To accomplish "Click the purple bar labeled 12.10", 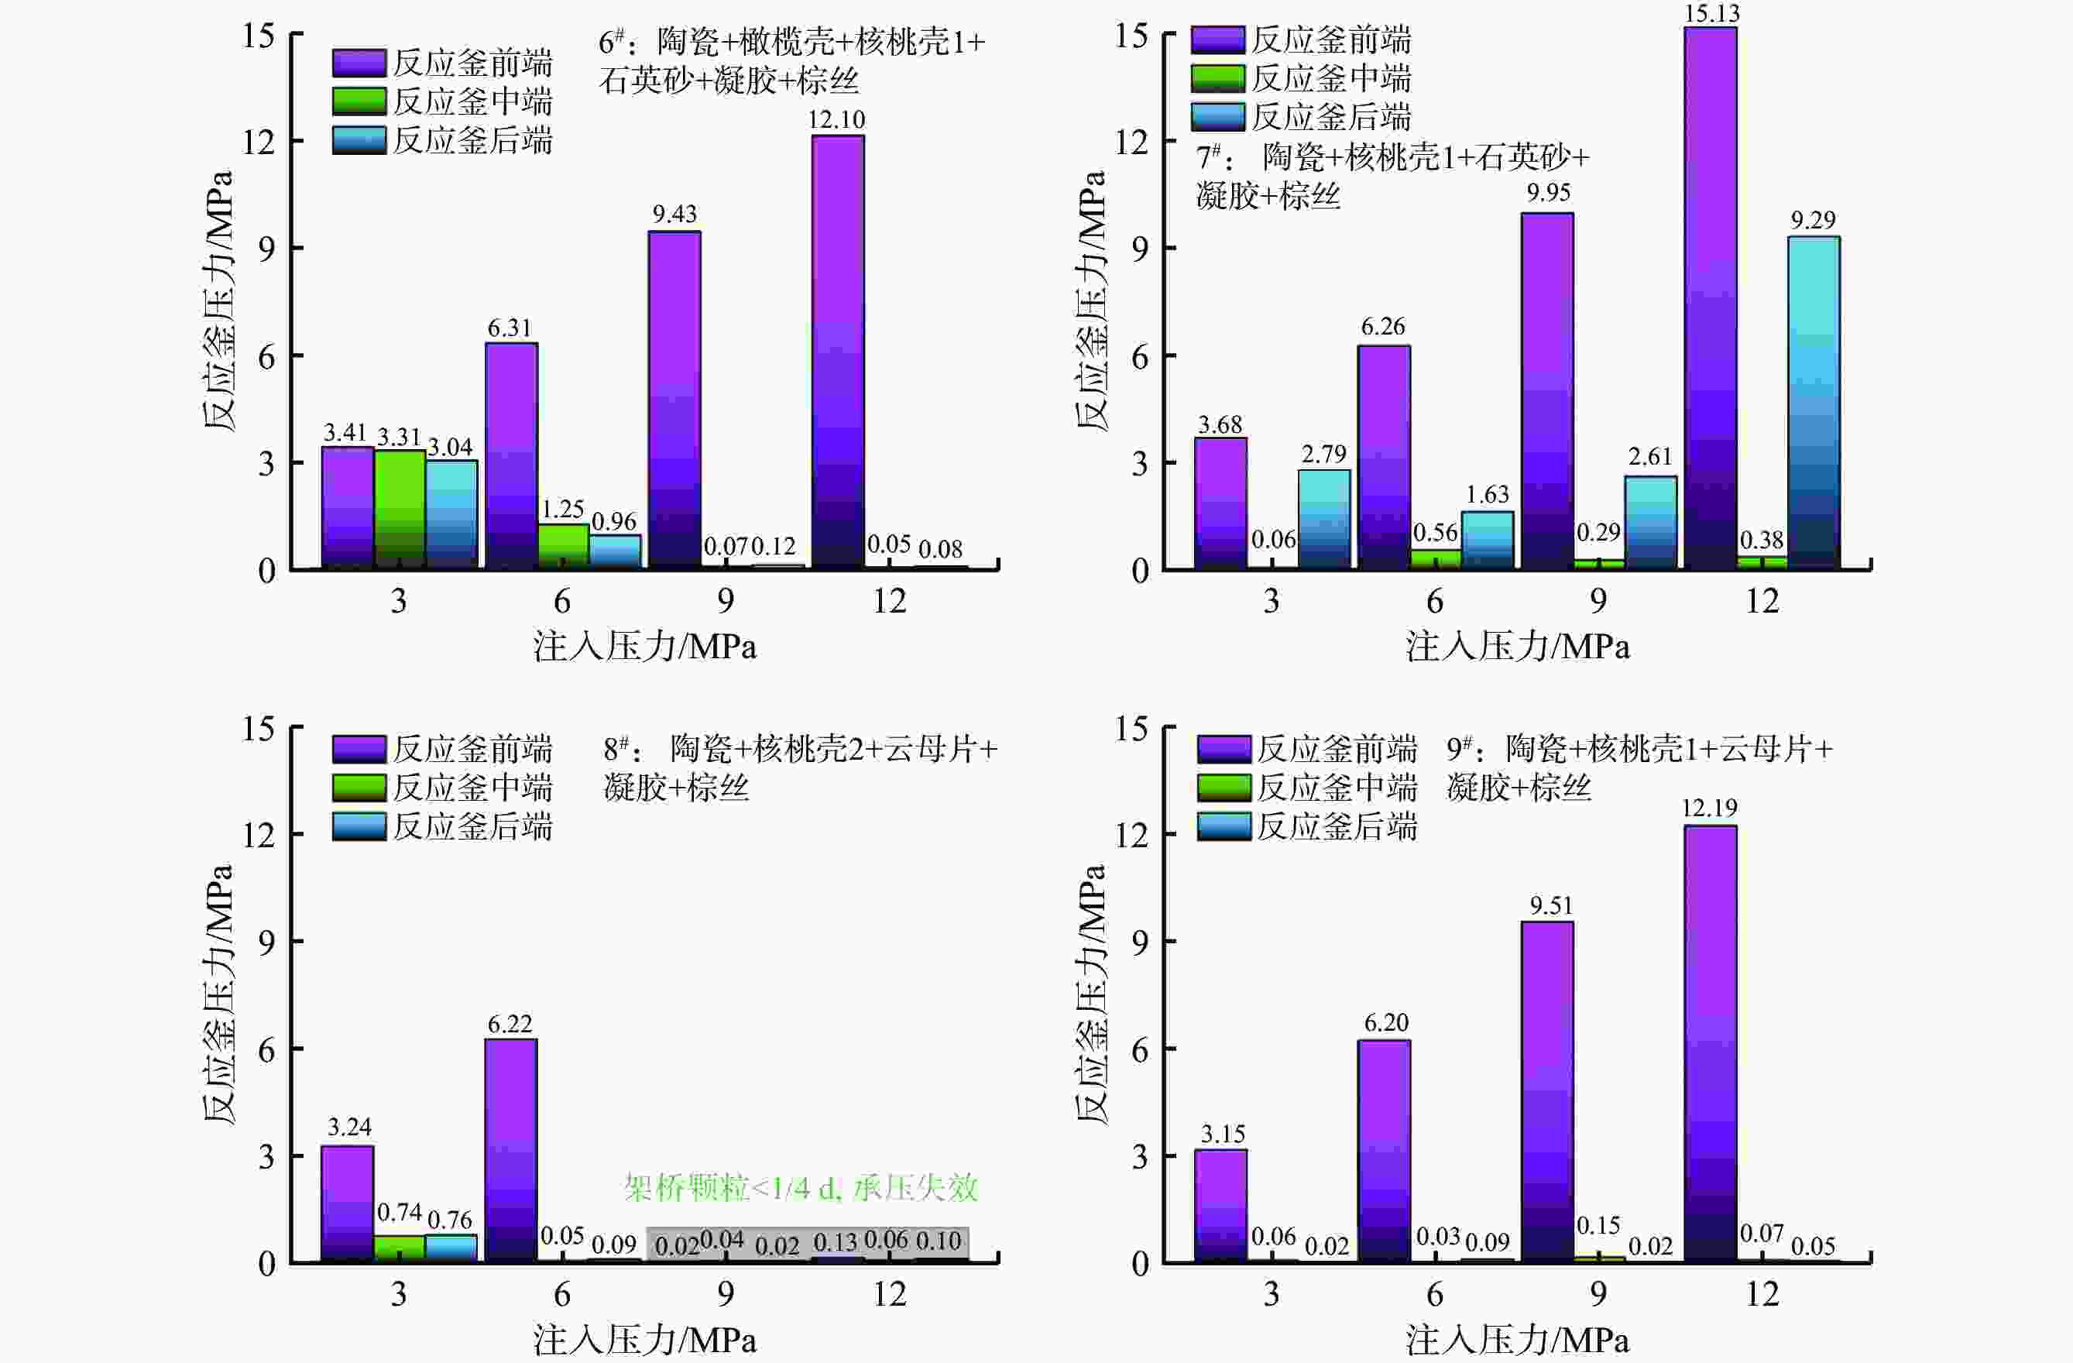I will coord(837,352).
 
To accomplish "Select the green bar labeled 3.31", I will coord(400,510).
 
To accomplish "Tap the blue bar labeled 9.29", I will coord(1814,403).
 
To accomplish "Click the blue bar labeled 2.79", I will coord(1324,520).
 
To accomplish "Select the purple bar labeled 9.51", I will coord(1547,1091).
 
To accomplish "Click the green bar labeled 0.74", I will coord(399,1248).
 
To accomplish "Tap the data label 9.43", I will coord(675,215).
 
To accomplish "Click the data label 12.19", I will coord(1709,809).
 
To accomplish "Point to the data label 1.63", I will coord(1487,495).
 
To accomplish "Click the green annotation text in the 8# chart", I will coord(801,1188).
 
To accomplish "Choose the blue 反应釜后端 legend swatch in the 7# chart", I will coord(1217,117).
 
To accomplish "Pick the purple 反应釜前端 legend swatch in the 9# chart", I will coord(1224,749).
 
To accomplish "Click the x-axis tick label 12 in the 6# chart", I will coord(889,601).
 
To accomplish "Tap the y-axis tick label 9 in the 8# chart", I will coord(266,942).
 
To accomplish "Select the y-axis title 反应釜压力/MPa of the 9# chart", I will coord(1090,993).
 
